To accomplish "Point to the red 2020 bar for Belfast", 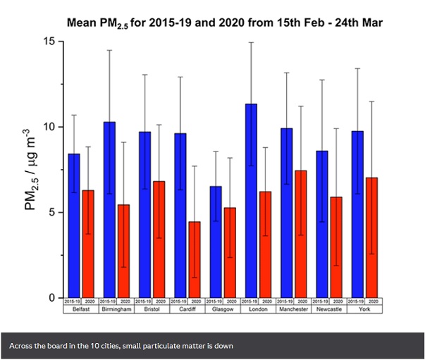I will point(88,244).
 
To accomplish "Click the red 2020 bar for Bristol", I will point(159,240).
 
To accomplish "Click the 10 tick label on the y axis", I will point(50,127).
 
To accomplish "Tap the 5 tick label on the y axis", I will point(53,212).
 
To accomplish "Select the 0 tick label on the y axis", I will point(53,298).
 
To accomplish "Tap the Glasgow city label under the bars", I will point(223,309).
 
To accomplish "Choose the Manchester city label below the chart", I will point(293,309).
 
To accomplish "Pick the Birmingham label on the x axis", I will point(116,309).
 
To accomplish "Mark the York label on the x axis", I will point(364,309).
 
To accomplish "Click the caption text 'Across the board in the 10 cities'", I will point(121,346).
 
